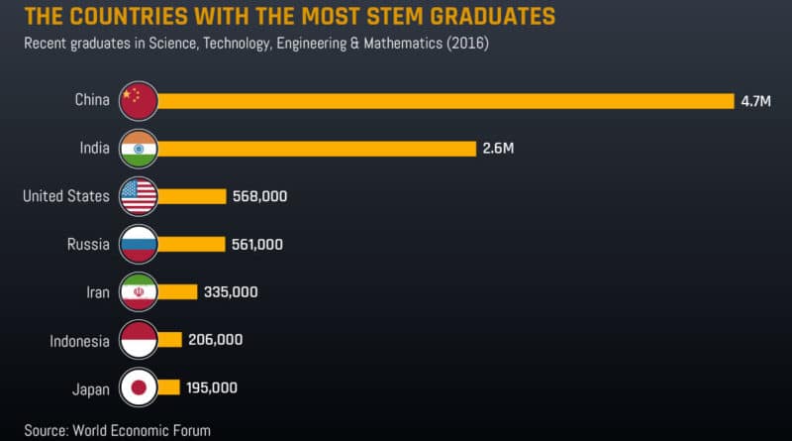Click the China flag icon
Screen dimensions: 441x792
pyautogui.click(x=138, y=100)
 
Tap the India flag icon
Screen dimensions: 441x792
pyautogui.click(x=138, y=149)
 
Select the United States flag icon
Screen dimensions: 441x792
pyautogui.click(x=138, y=196)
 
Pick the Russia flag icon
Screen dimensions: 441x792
pyautogui.click(x=138, y=244)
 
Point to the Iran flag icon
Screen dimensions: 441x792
pyautogui.click(x=138, y=291)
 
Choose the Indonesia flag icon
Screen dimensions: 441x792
pyautogui.click(x=138, y=340)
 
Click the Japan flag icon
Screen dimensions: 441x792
pyautogui.click(x=138, y=387)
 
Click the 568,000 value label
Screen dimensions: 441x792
pyautogui.click(x=260, y=196)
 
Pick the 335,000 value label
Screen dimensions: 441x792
pyautogui.click(x=232, y=291)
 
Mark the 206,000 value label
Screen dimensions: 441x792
pyautogui.click(x=215, y=340)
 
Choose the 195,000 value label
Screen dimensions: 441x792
pyautogui.click(x=211, y=387)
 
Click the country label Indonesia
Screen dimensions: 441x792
pyautogui.click(x=79, y=341)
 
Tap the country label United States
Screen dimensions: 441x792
pyautogui.click(x=66, y=196)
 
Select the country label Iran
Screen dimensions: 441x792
pyautogui.click(x=95, y=292)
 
